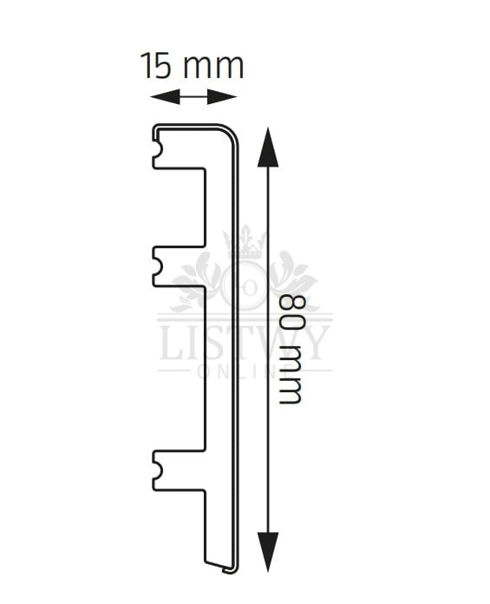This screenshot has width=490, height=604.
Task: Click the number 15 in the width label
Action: pyautogui.click(x=156, y=65)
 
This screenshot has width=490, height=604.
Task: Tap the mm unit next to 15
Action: pyautogui.click(x=213, y=68)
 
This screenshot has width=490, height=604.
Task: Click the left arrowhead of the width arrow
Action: pyautogui.click(x=165, y=96)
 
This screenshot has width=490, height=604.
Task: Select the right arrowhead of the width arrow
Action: pyautogui.click(x=222, y=96)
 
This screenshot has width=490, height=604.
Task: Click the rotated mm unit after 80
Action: pyautogui.click(x=290, y=373)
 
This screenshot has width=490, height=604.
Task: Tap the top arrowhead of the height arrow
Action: pyautogui.click(x=268, y=148)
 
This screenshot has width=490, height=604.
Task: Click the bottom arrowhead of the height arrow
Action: pyautogui.click(x=268, y=552)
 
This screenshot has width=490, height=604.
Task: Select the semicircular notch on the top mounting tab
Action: pyautogui.click(x=159, y=149)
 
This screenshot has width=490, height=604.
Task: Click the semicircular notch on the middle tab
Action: pyautogui.click(x=159, y=266)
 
